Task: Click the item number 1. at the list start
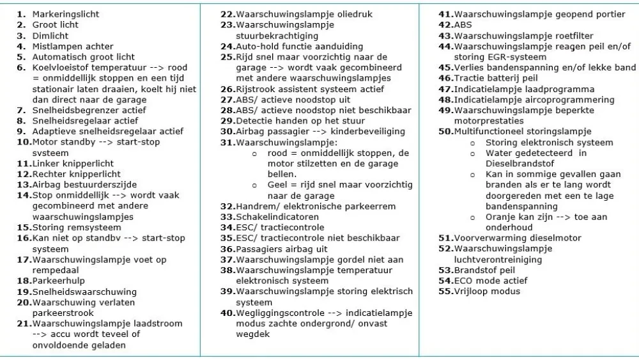click(21, 14)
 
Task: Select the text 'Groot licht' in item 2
click(56, 25)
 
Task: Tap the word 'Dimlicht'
click(51, 36)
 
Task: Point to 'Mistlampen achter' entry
click(73, 47)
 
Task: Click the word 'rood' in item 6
click(178, 68)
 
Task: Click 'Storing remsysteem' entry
click(76, 228)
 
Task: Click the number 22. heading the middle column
click(227, 14)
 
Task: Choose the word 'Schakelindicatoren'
click(277, 217)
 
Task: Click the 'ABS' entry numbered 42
click(463, 25)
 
